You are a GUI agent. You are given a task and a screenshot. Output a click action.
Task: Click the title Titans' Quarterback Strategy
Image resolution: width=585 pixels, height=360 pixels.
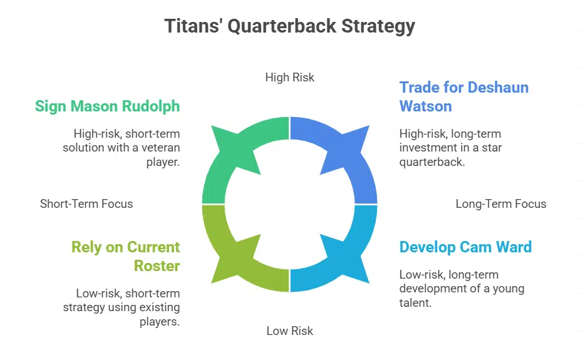tap(289, 26)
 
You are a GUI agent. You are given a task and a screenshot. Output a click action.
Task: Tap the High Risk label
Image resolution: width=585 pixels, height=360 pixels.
tap(289, 78)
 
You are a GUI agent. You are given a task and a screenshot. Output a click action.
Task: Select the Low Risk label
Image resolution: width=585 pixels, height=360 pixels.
tap(289, 331)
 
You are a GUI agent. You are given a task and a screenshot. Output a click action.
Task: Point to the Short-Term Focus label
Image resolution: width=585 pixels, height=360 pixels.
tap(86, 203)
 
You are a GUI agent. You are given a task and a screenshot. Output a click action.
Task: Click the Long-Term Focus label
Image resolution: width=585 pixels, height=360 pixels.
tap(500, 203)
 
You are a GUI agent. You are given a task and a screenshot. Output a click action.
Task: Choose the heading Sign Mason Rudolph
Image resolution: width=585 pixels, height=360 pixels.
tap(107, 106)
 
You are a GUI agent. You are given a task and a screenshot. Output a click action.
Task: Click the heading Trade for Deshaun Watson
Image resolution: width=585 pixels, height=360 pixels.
tap(463, 96)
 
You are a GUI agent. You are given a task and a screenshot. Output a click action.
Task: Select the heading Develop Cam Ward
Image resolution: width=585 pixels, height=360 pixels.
tap(465, 247)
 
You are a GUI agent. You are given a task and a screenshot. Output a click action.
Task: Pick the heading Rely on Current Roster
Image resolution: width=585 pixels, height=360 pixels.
tap(125, 256)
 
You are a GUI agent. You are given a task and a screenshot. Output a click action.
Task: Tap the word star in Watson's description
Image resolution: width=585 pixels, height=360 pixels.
tap(489, 148)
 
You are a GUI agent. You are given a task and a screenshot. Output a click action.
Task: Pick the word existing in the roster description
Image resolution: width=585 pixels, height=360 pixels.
tap(159, 307)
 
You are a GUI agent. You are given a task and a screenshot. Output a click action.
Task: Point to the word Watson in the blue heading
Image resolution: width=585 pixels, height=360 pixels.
tap(425, 106)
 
